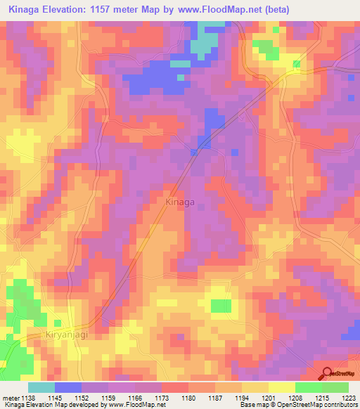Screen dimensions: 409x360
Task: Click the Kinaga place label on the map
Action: (179, 202)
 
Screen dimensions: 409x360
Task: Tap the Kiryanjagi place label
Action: (67, 335)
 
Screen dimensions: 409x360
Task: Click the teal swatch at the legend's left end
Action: (41, 387)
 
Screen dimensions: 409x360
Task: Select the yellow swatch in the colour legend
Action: (281, 387)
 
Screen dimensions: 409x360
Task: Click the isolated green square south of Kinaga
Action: (221, 306)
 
